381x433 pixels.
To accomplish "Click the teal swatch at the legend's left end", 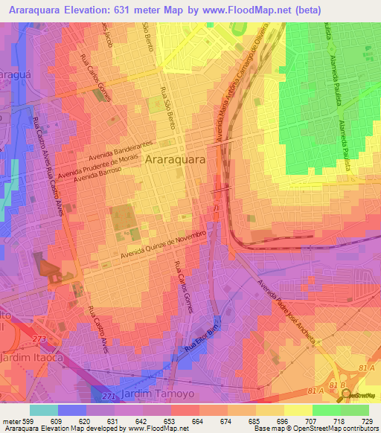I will pos(43,409).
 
